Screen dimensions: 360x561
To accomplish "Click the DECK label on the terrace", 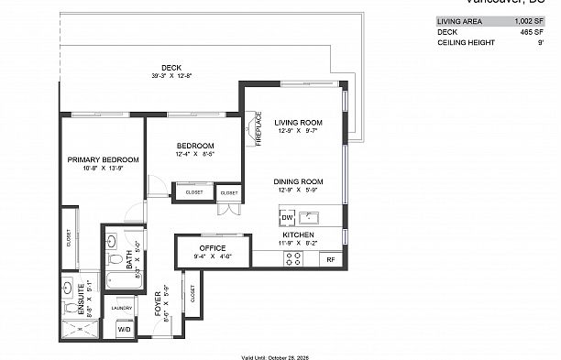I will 170,67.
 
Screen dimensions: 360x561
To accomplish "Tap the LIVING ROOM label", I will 299,122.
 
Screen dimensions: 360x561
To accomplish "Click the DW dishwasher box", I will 287,217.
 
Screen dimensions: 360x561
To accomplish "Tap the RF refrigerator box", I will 331,260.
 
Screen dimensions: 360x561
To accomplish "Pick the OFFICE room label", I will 212,247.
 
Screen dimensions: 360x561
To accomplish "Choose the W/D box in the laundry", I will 124,329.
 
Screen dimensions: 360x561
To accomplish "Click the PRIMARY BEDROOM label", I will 95,159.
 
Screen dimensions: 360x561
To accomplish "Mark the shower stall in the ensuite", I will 78,326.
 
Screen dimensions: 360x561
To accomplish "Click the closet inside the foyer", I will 192,294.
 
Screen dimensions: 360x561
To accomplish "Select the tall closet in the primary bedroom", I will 69,239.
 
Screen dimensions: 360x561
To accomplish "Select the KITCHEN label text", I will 299,235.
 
